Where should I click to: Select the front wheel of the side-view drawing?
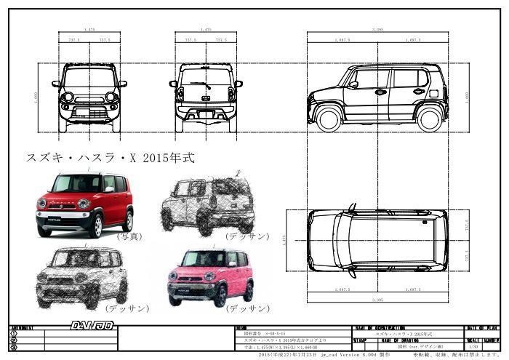coord(329,118)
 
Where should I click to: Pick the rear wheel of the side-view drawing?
coord(429,118)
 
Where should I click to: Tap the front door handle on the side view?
coord(380,92)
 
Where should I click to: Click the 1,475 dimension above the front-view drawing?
coord(89,30)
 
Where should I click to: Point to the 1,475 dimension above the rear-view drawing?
coord(206,30)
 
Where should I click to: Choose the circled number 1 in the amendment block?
coord(15,334)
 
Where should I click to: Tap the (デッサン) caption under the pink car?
coord(248,308)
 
